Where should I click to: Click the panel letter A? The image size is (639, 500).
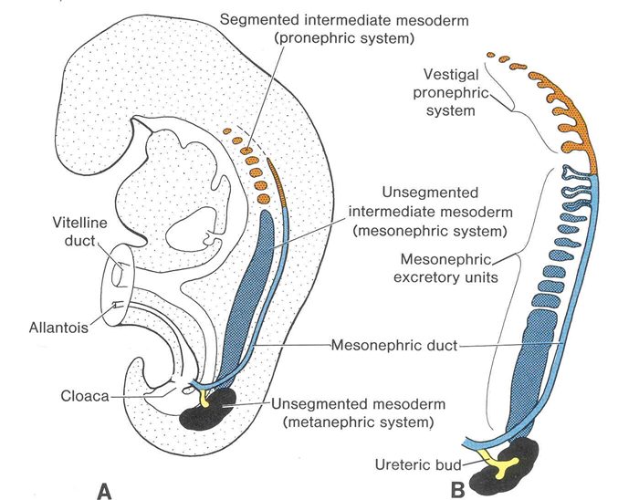[x=104, y=490]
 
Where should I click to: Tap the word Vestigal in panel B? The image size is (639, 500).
[x=447, y=73]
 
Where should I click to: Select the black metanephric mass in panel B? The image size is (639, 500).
[x=516, y=461]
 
